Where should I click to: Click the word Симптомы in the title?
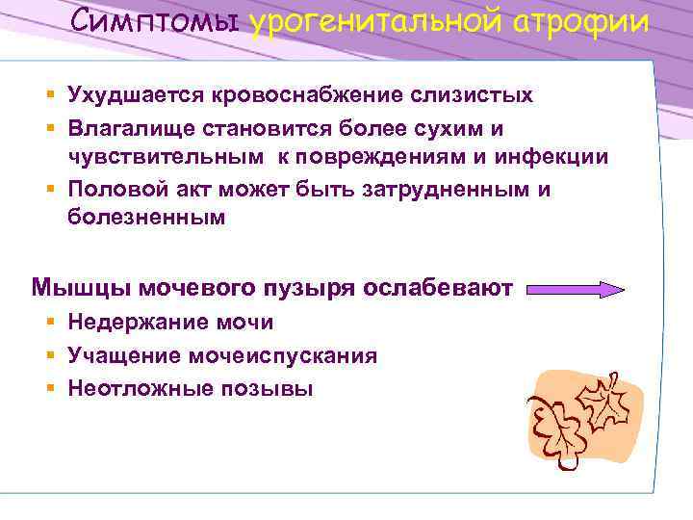click(157, 22)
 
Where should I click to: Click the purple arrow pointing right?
click(577, 289)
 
